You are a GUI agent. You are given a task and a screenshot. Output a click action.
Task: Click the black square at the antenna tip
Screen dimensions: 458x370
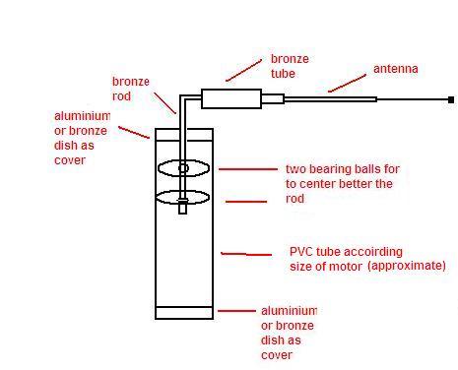[451, 99]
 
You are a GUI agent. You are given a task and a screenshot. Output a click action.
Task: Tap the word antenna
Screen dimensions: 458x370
[396, 69]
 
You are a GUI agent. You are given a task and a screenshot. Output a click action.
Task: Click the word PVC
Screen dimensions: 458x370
[299, 252]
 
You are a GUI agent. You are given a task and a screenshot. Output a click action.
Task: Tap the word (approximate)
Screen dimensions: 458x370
[407, 266]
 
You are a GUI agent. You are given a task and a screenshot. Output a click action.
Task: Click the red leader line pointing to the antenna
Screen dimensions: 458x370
[347, 84]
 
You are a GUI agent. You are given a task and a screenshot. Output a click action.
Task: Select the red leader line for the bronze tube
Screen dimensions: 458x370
[243, 70]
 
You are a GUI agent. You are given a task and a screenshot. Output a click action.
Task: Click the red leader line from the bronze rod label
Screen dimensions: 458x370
[165, 103]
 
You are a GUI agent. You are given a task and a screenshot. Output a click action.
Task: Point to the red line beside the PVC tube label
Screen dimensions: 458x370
[246, 254]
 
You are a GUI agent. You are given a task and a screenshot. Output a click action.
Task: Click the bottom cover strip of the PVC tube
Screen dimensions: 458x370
[184, 313]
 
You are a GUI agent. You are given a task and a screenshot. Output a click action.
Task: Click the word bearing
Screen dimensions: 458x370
[331, 169]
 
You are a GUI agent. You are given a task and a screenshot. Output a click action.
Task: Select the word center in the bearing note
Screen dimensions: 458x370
[314, 184]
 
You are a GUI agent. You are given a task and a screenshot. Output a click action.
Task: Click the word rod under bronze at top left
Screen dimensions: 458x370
[121, 96]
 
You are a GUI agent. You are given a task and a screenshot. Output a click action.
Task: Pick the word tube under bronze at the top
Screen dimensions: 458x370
[283, 74]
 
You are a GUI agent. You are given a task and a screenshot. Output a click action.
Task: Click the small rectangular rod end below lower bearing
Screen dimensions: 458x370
[183, 207]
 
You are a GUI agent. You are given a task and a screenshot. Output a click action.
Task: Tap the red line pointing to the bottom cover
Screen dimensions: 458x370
[236, 311]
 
